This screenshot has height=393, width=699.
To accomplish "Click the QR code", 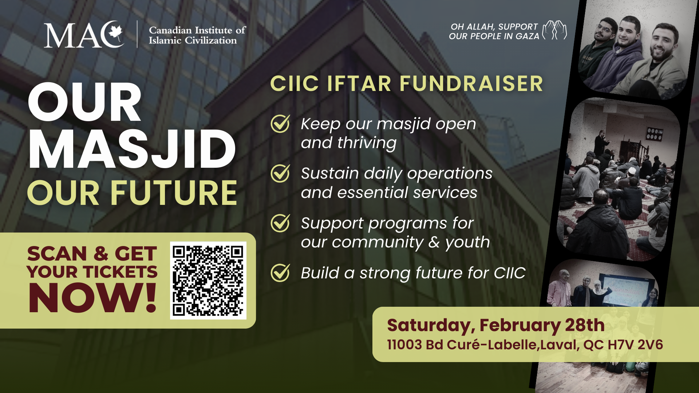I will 208,281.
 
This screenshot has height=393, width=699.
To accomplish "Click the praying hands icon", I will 554,30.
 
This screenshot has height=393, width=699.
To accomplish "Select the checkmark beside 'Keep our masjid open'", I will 280,124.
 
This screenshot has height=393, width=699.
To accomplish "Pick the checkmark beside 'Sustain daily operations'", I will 280,173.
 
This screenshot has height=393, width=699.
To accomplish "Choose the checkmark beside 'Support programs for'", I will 280,223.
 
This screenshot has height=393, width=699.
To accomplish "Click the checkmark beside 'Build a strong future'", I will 280,273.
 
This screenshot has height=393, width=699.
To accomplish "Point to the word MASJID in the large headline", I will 132,150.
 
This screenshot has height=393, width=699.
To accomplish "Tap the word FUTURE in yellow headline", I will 174,193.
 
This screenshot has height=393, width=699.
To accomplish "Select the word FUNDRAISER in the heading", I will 471,84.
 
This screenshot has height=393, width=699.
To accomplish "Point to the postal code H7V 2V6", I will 635,345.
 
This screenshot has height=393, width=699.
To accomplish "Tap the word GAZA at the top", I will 528,36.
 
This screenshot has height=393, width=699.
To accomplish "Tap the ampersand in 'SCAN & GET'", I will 101,254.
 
